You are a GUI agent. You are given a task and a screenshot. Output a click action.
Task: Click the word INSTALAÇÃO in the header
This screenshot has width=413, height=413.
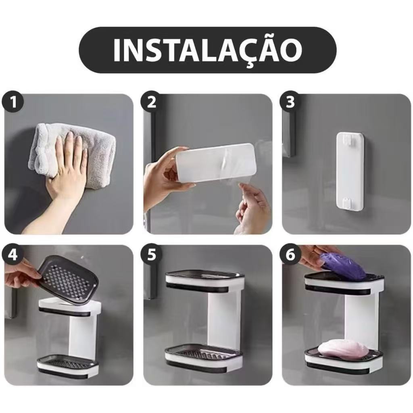207,50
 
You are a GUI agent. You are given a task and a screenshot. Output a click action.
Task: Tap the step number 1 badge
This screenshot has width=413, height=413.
14,102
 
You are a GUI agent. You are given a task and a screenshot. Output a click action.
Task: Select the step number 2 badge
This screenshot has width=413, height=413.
151,102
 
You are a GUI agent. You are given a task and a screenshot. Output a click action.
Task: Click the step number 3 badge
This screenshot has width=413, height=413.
290,102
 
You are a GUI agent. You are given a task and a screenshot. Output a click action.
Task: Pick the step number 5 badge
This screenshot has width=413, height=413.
151,255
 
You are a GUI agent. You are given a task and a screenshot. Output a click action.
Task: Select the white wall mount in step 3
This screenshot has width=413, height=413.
350,171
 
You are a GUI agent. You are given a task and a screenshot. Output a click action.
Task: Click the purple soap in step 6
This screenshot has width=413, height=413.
343,266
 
